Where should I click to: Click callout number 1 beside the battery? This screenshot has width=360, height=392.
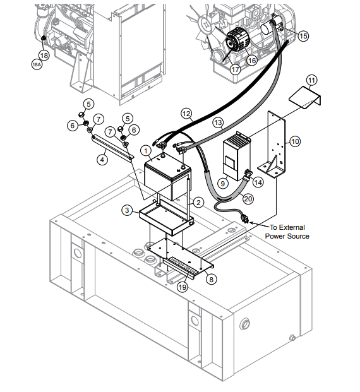pyautogui.click(x=146, y=151)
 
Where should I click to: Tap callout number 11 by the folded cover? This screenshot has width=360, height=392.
pyautogui.click(x=312, y=80)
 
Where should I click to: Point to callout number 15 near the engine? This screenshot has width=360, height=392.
pyautogui.click(x=303, y=37)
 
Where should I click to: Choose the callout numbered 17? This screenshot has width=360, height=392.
pyautogui.click(x=235, y=70)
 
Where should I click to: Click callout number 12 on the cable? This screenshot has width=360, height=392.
pyautogui.click(x=186, y=114)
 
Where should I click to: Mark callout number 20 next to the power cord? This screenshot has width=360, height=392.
pyautogui.click(x=248, y=198)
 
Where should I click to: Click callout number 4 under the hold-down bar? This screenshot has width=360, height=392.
pyautogui.click(x=101, y=160)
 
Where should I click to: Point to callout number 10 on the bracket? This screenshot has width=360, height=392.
pyautogui.click(x=294, y=143)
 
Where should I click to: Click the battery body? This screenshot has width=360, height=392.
pyautogui.click(x=166, y=180)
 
